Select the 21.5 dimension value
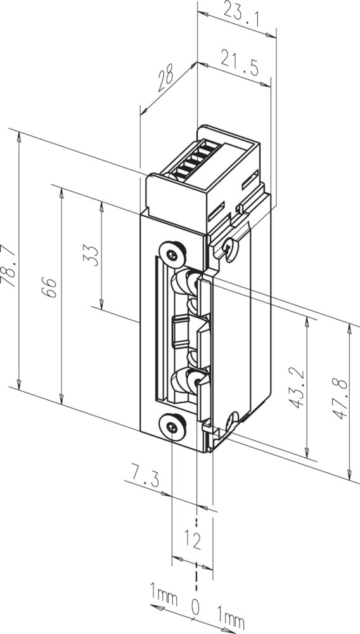tap(240, 63)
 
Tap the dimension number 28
tap(165, 77)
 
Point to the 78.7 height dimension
tap(9, 266)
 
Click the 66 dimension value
tap(49, 287)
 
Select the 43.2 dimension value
tap(297, 387)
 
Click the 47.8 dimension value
tap(339, 399)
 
